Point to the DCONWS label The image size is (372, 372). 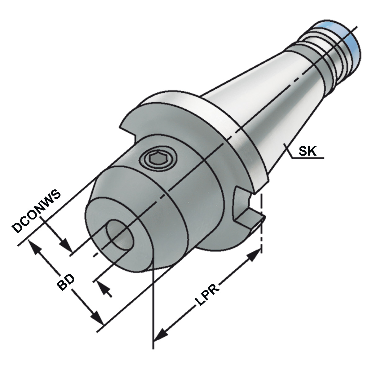[36, 212]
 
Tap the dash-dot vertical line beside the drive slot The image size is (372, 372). [262, 223]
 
